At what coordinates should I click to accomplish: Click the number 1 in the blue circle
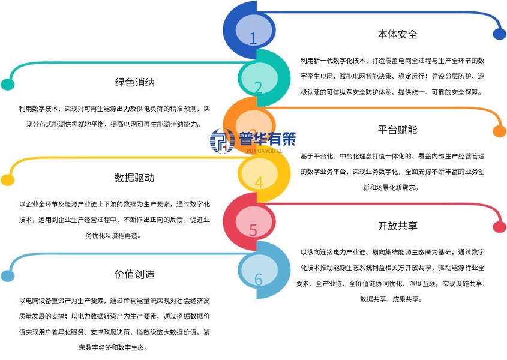pyautogui.click(x=253, y=39)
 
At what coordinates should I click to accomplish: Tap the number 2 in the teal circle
pyautogui.click(x=258, y=88)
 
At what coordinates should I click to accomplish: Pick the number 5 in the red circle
pyautogui.click(x=253, y=230)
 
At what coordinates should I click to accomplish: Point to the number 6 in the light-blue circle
pyautogui.click(x=259, y=280)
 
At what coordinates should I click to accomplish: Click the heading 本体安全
pyautogui.click(x=397, y=34)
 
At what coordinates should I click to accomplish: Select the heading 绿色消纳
pyautogui.click(x=135, y=82)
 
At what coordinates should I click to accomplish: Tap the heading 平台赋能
pyautogui.click(x=397, y=130)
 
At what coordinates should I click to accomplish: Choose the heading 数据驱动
pyautogui.click(x=134, y=178)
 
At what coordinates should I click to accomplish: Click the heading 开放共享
pyautogui.click(x=397, y=226)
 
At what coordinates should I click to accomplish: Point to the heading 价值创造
pyautogui.click(x=134, y=274)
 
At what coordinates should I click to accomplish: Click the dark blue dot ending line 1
pyautogui.click(x=499, y=34)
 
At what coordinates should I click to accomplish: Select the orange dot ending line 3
pyautogui.click(x=499, y=131)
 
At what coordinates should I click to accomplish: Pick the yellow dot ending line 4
pyautogui.click(x=7, y=179)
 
